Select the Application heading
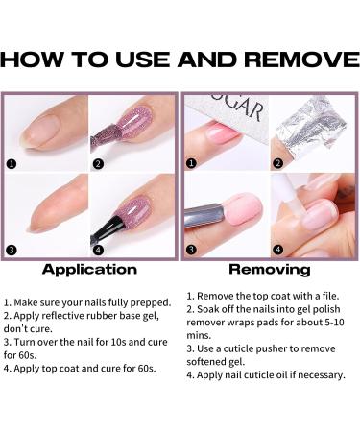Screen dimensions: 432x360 point(89,270)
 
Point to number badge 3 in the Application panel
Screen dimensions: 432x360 point(12,252)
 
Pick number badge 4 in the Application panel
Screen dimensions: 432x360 point(98,252)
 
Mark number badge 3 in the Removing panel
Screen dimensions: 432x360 point(192,252)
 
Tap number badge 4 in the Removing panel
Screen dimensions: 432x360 point(277,252)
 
